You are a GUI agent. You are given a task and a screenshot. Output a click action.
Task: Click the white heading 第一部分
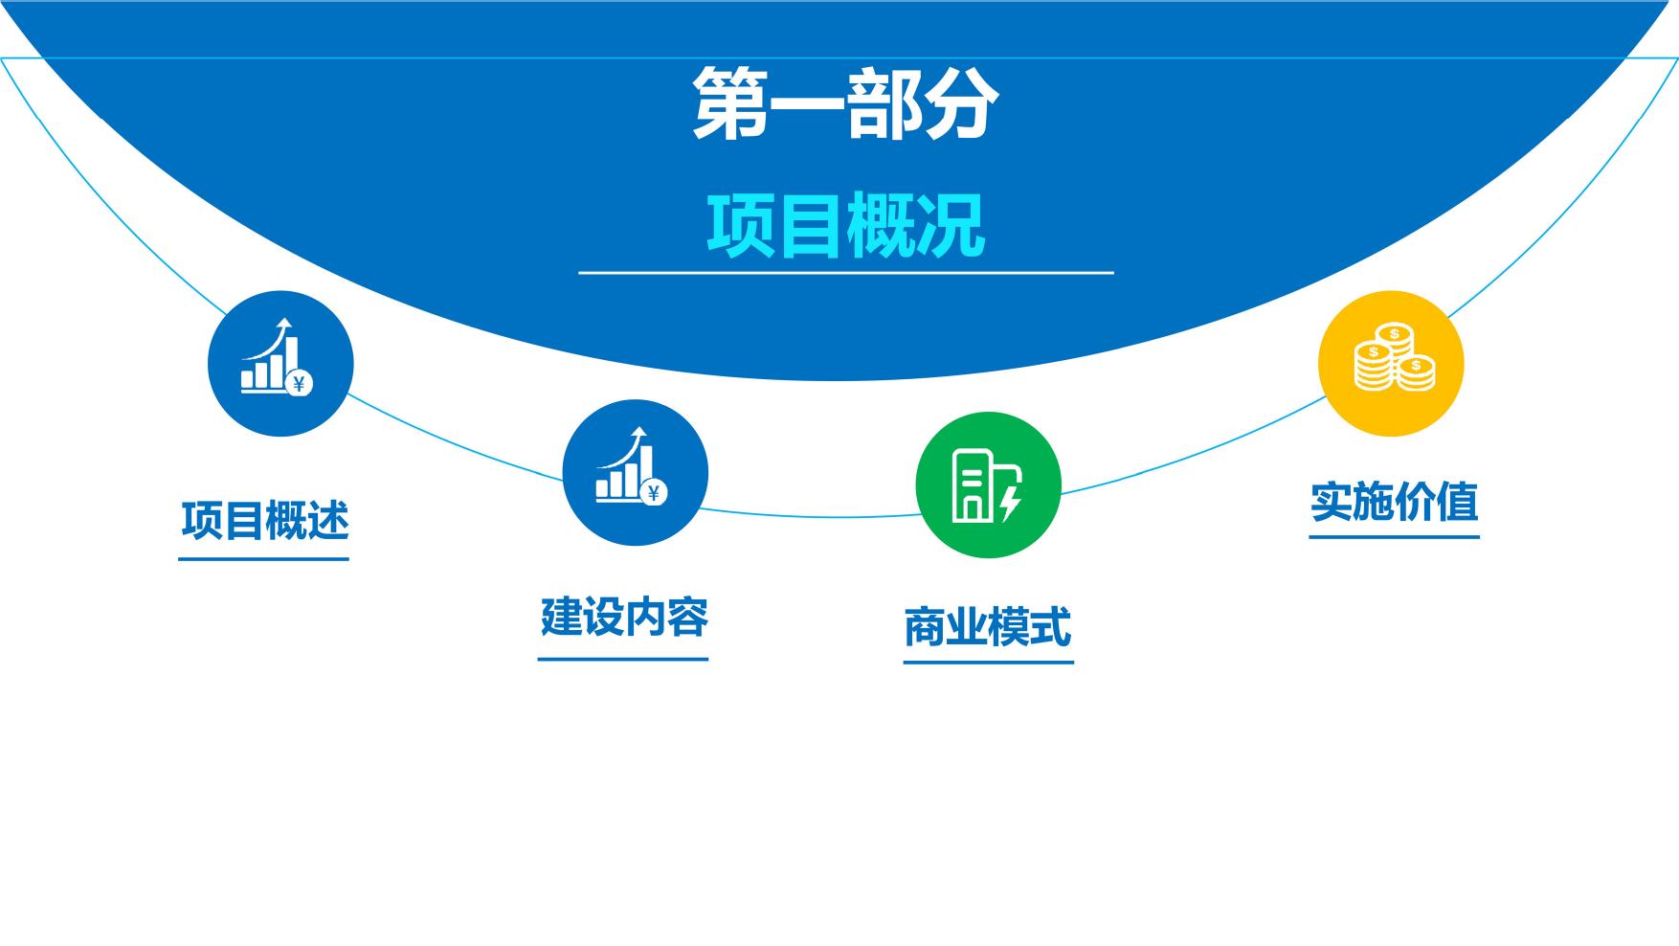click(x=846, y=102)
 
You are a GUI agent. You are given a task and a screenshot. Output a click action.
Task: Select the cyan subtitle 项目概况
click(x=846, y=225)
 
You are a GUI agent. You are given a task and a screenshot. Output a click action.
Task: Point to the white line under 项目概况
click(x=846, y=273)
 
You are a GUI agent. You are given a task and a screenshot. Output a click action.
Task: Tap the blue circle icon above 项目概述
click(x=280, y=364)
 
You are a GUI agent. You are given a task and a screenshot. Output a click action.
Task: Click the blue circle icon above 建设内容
click(x=635, y=473)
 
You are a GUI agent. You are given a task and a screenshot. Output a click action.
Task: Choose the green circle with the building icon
click(x=989, y=485)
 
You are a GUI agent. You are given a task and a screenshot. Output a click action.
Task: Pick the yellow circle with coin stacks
click(x=1391, y=364)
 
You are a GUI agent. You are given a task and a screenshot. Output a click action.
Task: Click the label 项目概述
click(x=265, y=520)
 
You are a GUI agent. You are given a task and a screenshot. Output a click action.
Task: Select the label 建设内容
click(x=624, y=618)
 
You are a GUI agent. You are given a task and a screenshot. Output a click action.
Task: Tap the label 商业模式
click(x=988, y=627)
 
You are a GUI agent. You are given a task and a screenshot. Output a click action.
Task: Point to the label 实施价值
click(x=1395, y=502)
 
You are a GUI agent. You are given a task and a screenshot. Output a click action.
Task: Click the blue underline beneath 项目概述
click(x=263, y=558)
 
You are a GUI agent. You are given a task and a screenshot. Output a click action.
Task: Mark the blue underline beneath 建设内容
click(x=623, y=659)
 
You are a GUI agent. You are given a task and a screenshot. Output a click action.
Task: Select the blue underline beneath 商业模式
click(x=989, y=662)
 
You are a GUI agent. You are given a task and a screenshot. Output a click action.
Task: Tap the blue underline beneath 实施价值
click(x=1395, y=537)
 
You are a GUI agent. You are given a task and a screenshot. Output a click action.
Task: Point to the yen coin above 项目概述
click(x=299, y=385)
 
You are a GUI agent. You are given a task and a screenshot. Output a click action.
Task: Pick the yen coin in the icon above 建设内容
click(x=654, y=493)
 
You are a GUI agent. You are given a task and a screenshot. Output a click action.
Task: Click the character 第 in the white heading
click(x=729, y=102)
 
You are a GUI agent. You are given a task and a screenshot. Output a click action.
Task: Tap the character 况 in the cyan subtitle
click(x=951, y=226)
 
